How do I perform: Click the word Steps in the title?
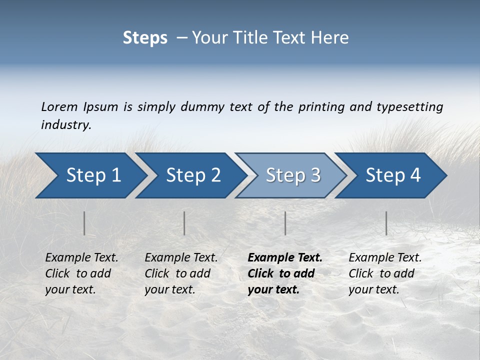point(145,38)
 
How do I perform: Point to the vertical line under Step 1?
point(84,223)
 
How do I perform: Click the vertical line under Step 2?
point(184,223)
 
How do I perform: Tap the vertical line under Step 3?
point(285,223)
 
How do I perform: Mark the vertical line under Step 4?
point(386,223)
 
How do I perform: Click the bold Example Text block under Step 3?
point(285,273)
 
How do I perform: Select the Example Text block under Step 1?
point(81,273)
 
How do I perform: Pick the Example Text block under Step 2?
point(181,273)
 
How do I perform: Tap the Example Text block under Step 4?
point(385,273)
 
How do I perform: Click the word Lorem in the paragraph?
point(59,107)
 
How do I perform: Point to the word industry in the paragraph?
point(65,125)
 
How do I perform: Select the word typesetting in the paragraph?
point(410,107)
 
